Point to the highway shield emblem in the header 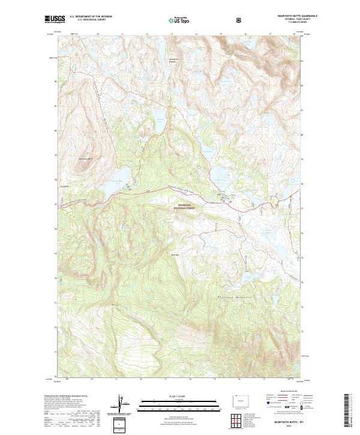pos(240,20)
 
